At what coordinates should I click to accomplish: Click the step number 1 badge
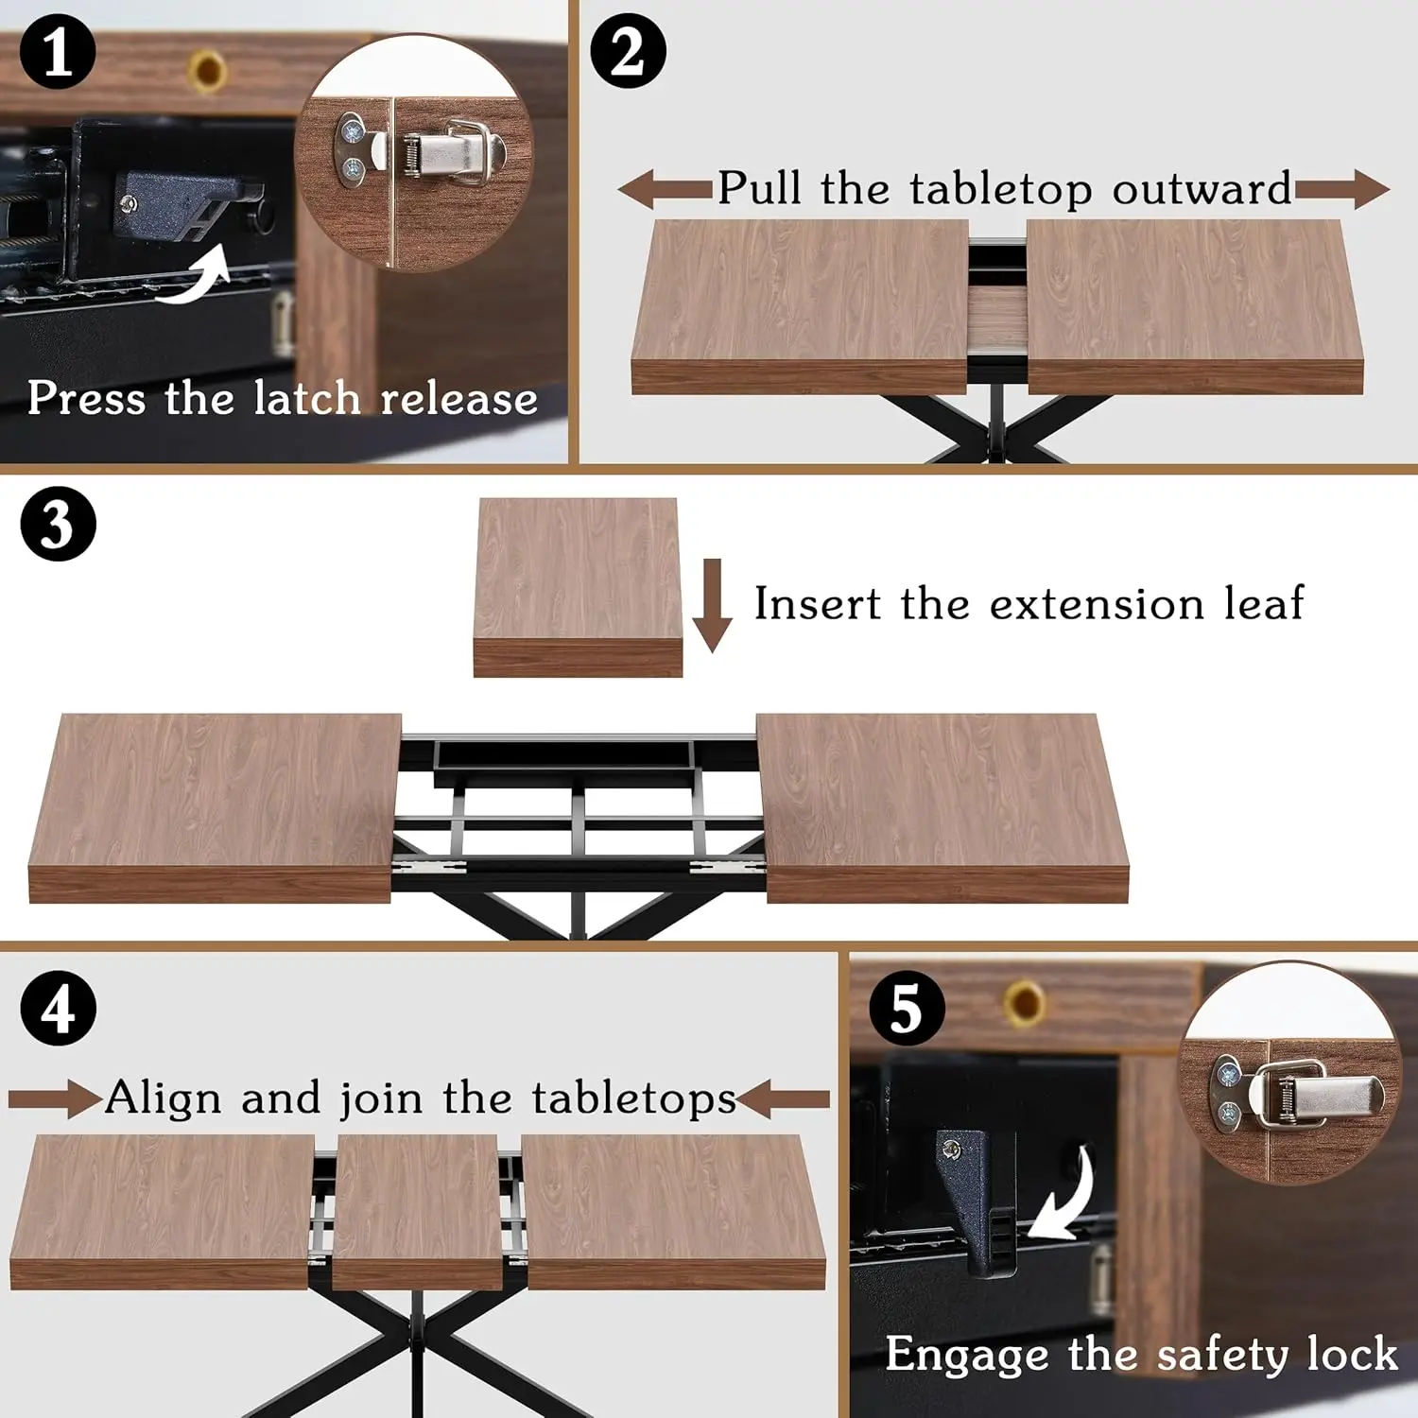coord(58,52)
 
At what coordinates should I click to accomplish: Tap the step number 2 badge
coord(628,52)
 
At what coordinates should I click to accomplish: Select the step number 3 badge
coord(58,524)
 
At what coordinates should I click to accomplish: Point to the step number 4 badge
coord(58,1008)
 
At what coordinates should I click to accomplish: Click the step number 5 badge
coord(906,1008)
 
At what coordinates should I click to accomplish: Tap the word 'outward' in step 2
coord(1202,188)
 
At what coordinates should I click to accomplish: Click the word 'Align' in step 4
coord(164,1098)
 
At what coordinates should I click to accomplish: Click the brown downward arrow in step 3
coord(712,605)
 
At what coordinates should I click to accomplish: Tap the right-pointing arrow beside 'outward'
coord(1342,189)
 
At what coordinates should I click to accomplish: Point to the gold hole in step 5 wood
coord(1025,1001)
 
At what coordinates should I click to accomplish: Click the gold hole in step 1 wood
coord(207,70)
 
